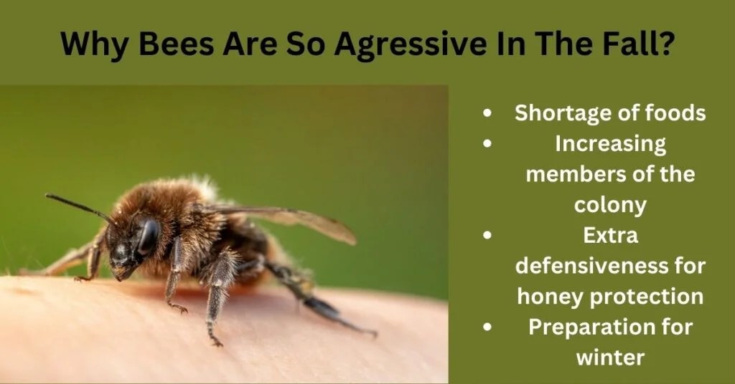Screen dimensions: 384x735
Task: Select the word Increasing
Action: click(x=610, y=144)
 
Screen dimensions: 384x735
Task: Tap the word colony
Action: click(x=610, y=205)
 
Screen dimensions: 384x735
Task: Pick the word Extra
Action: click(x=611, y=235)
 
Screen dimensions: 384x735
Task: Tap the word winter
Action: click(x=611, y=357)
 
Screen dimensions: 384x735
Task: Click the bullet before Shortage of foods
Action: click(x=488, y=114)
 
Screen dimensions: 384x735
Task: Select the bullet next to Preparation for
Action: click(x=488, y=327)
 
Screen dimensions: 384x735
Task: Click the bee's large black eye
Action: click(x=149, y=236)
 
